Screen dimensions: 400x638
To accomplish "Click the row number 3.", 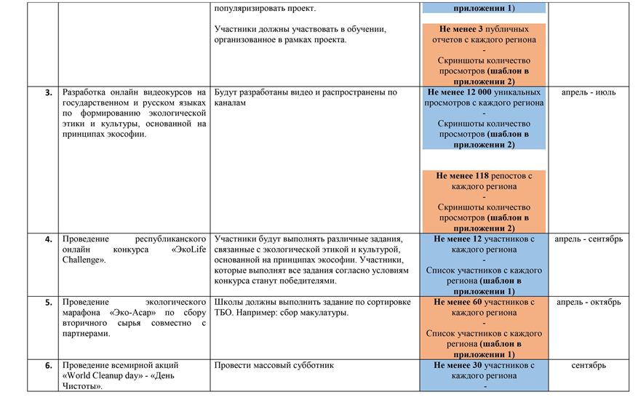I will coord(49,93).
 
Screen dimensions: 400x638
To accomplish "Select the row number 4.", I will coord(49,239).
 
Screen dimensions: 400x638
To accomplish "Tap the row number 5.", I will coord(49,303).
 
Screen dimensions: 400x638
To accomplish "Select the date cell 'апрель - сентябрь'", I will coord(589,239).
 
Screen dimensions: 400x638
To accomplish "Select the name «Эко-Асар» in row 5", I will coord(130,313).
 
